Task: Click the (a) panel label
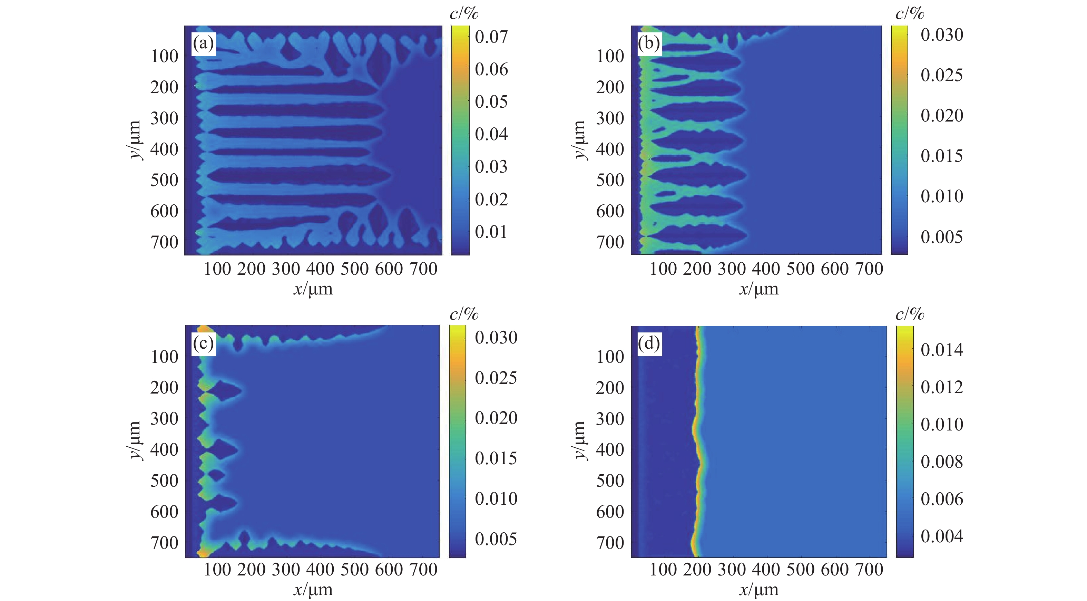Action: [203, 43]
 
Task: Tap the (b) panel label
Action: [649, 43]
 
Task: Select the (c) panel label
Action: [203, 343]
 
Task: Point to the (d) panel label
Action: [649, 343]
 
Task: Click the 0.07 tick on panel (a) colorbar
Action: [491, 37]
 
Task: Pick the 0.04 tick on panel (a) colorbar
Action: [491, 134]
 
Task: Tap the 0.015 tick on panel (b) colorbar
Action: [942, 156]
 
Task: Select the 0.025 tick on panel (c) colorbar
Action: [496, 378]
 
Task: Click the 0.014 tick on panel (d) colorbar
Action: [942, 350]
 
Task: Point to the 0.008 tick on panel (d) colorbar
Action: [942, 462]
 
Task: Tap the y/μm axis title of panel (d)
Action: [580, 440]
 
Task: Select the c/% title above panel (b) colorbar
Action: [910, 14]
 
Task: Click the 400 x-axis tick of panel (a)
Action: [320, 269]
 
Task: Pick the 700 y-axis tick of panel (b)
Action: [610, 242]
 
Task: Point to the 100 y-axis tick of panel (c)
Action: [165, 357]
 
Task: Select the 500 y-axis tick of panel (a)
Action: [165, 180]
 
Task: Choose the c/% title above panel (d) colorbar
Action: [910, 314]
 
